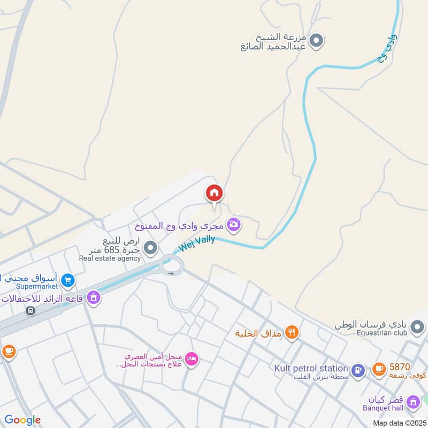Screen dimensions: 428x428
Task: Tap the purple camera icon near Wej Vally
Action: (233, 224)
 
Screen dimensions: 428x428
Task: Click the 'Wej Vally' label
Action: (196, 242)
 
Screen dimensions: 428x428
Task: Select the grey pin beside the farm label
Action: (317, 40)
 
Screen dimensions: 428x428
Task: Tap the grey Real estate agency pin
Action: (151, 247)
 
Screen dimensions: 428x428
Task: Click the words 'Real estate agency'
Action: (110, 258)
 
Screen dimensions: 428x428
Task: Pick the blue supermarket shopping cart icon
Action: (67, 279)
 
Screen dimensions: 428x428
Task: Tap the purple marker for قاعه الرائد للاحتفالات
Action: (94, 297)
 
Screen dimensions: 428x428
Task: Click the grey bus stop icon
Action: (32, 310)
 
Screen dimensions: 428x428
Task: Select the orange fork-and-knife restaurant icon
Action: (292, 333)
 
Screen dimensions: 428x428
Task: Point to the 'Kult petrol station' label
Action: (311, 368)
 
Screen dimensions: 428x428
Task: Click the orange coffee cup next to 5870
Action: (379, 369)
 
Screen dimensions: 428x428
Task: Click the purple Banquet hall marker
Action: (412, 401)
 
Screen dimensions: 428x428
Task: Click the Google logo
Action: (23, 420)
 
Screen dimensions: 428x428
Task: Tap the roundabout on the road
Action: (172, 264)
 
